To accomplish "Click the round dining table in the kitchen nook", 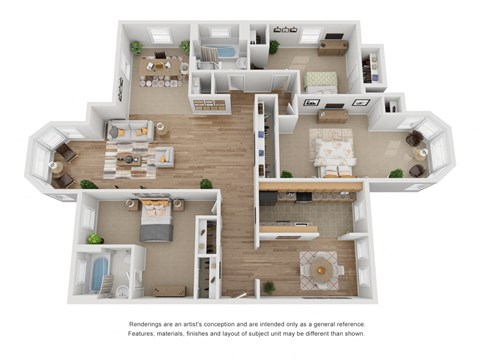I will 321,268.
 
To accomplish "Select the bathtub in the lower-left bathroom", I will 100,273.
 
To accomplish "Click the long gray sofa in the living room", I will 130,130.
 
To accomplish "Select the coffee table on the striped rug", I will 128,158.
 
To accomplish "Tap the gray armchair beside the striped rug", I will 162,157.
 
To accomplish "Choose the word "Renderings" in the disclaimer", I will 149,325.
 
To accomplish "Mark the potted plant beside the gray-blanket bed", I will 95,239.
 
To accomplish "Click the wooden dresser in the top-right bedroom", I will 333,46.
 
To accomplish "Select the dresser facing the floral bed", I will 332,116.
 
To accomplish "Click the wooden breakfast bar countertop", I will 310,186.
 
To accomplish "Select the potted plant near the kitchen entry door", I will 269,288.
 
